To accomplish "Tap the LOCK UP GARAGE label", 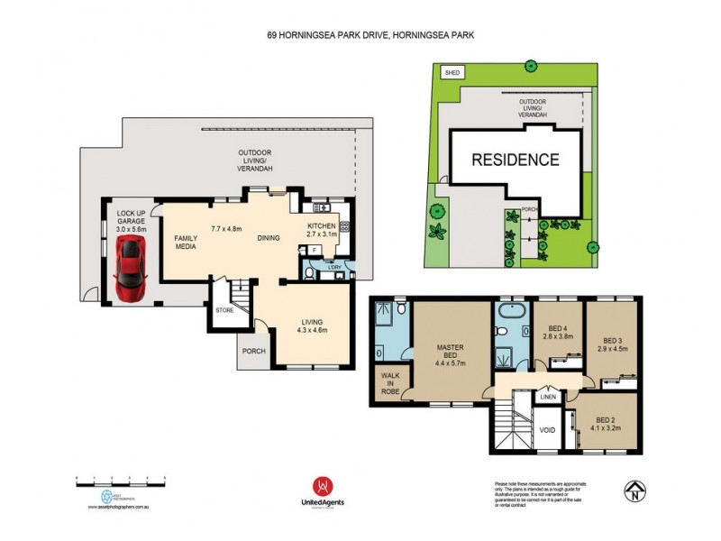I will click(132, 220).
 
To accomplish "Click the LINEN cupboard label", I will click(548, 397).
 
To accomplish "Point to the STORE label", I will click(224, 310).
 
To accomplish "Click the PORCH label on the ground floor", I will click(253, 351).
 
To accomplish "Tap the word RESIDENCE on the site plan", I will click(516, 160).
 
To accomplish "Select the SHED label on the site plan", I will click(448, 72).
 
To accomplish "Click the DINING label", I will click(268, 238).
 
